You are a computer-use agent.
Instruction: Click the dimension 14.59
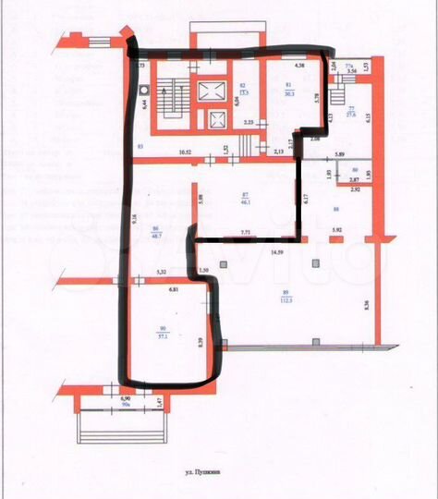click(x=276, y=251)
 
